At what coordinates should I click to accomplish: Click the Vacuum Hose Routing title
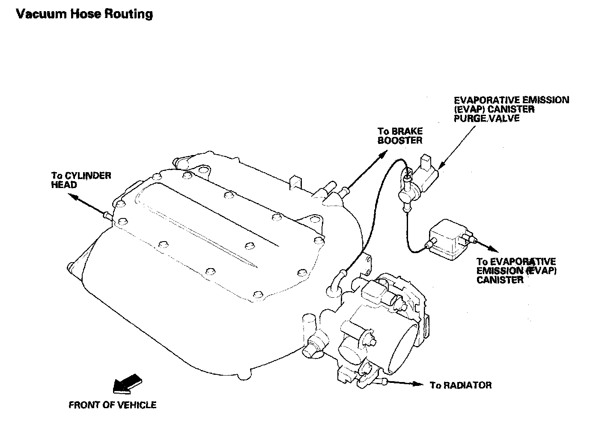(84, 14)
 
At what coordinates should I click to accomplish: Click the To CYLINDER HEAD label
(81, 180)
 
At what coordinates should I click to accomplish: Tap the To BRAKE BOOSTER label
(400, 136)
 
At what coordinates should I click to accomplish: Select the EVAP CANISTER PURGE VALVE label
(511, 109)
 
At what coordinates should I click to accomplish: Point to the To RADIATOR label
(461, 385)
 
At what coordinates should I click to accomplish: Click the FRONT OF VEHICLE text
(113, 405)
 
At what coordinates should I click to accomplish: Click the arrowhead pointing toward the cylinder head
(73, 197)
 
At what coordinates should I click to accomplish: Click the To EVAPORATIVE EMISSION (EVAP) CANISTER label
(516, 270)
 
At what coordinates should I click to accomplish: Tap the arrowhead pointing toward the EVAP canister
(493, 249)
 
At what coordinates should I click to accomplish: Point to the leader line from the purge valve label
(456, 147)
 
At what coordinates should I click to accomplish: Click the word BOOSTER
(400, 140)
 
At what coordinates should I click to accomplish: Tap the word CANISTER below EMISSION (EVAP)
(500, 280)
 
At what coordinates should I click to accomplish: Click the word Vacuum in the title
(41, 14)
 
